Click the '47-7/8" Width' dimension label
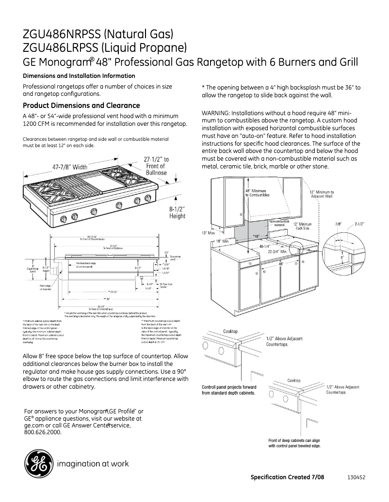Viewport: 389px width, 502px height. coord(70,167)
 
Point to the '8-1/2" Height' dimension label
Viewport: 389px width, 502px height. coord(177,212)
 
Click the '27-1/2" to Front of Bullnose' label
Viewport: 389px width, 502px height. coord(156,166)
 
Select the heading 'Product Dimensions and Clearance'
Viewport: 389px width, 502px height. coord(81,106)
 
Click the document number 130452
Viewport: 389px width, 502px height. coord(356,477)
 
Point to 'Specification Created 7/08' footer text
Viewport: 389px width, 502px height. coord(287,477)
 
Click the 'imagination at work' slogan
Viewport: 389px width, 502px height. coord(93,464)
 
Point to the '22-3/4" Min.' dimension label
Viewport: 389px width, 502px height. coord(278,252)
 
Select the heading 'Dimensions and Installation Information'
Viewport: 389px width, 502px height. coord(79,76)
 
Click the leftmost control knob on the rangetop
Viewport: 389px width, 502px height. coord(63,220)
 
